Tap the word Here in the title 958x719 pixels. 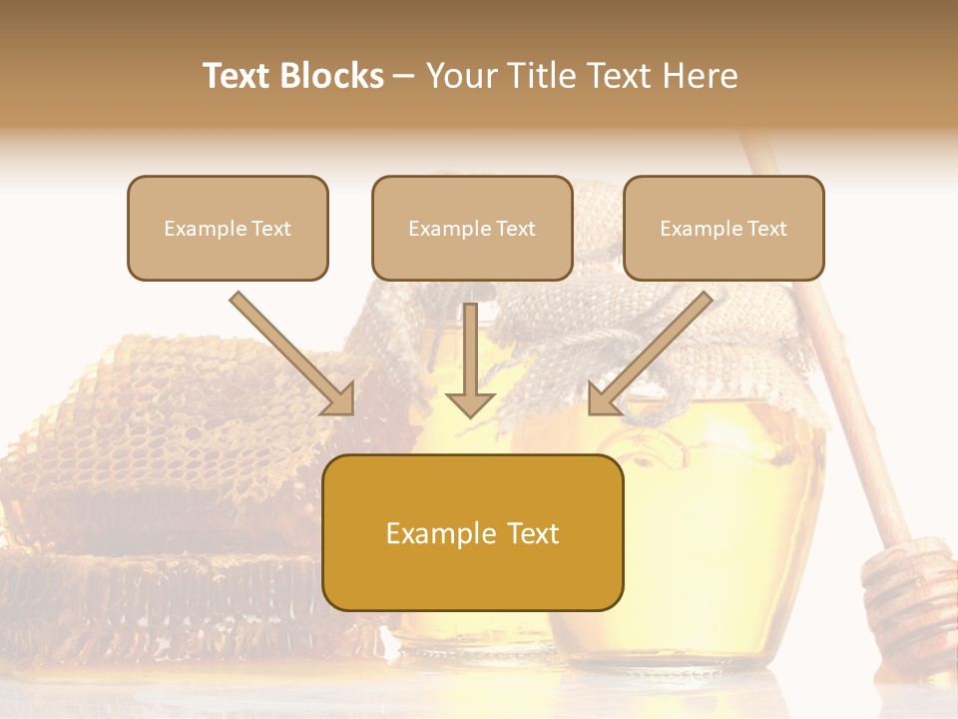click(700, 76)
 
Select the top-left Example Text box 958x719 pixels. click(228, 228)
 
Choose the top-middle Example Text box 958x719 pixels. click(472, 228)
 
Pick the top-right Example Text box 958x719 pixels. click(723, 228)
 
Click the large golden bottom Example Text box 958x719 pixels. click(473, 532)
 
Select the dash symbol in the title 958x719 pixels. click(404, 76)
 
